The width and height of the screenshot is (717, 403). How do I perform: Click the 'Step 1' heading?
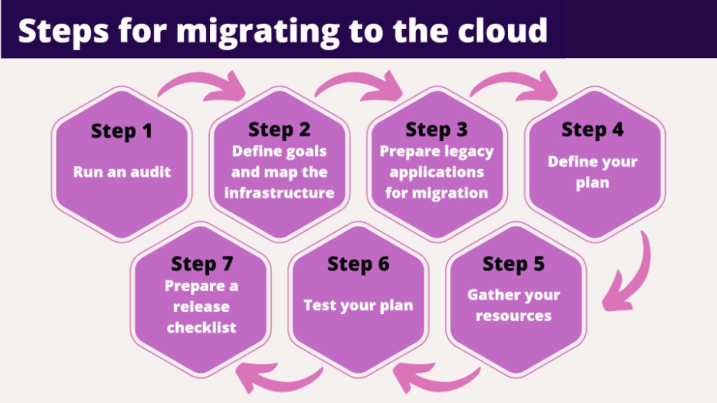121,131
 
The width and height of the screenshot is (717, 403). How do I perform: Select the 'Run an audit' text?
122,172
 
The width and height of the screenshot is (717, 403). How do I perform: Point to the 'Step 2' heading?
279,130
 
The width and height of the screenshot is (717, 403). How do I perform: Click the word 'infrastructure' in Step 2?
279,193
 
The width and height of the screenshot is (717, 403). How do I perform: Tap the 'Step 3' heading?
436,130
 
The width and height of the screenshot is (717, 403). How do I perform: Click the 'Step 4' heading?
592,130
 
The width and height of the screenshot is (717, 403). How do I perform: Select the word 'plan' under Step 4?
592,183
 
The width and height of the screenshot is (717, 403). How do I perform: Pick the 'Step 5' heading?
514,264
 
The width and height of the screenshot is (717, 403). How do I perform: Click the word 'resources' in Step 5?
514,316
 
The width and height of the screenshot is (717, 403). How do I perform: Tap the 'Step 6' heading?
358,264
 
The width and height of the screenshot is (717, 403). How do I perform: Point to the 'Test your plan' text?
358,306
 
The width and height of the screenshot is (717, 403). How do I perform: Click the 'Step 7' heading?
202,264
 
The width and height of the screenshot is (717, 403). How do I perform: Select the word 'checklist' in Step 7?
202,328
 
